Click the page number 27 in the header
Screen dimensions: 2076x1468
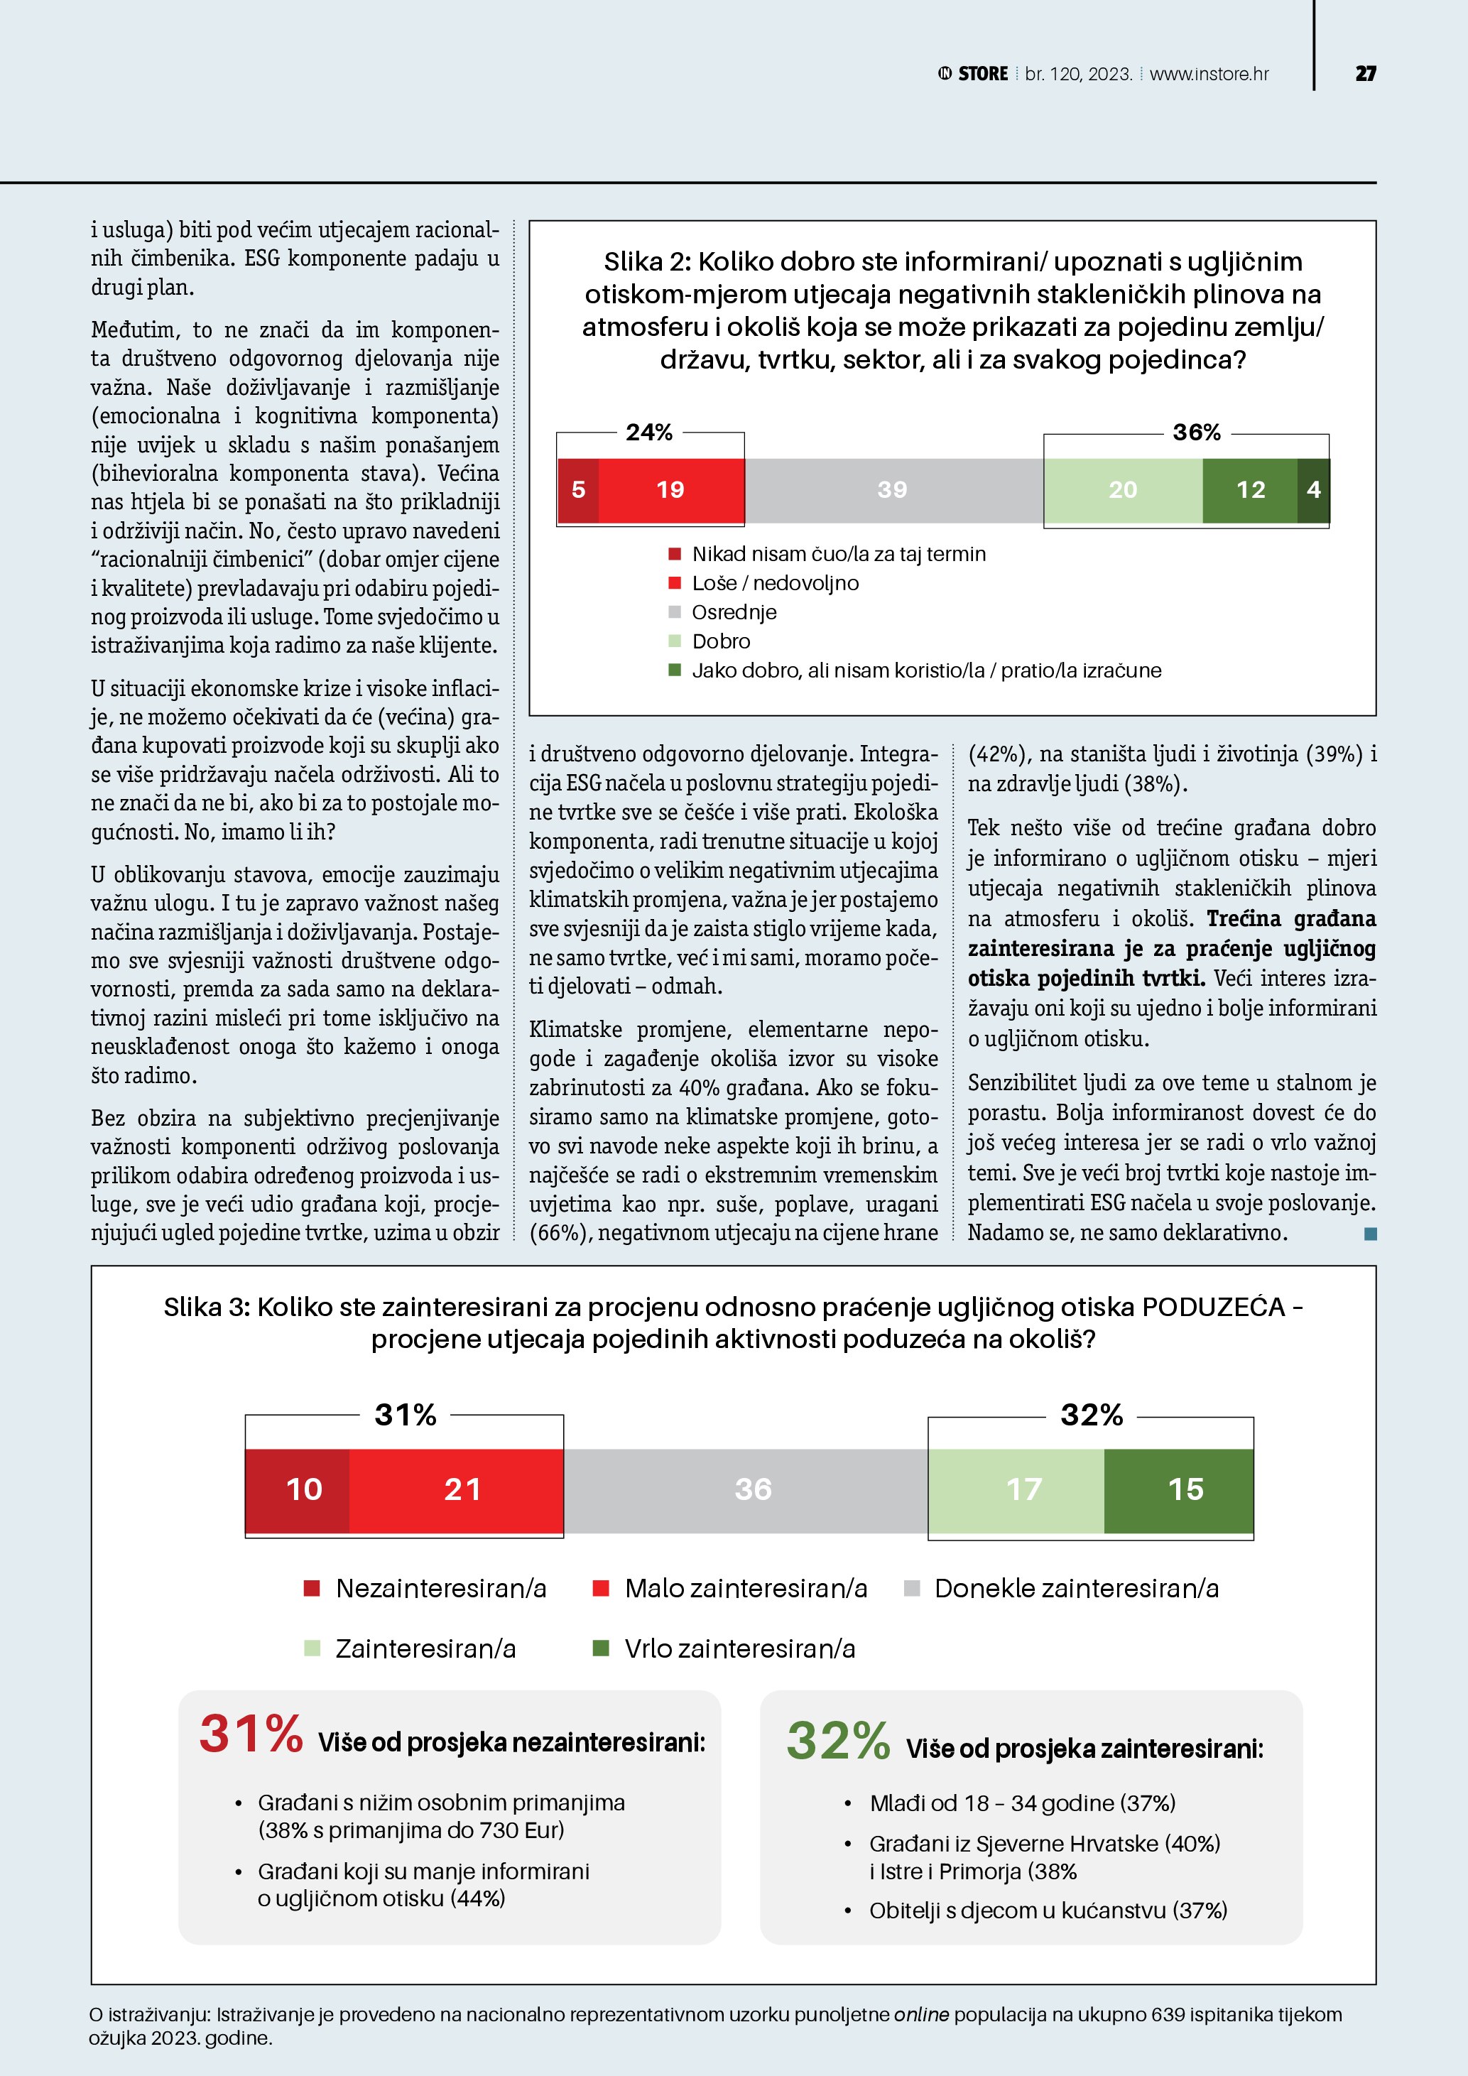click(1365, 74)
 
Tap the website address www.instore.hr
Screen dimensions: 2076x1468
click(1209, 74)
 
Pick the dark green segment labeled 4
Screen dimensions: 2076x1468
click(1313, 490)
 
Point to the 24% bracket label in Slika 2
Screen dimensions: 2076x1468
click(649, 433)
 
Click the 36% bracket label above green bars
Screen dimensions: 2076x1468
click(1196, 433)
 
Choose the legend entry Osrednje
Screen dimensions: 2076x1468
click(733, 612)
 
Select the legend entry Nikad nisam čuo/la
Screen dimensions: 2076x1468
click(838, 554)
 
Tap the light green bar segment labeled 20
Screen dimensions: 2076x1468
click(1123, 490)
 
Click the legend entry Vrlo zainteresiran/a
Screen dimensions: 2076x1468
click(739, 1648)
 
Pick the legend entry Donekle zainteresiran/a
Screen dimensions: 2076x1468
click(1076, 1589)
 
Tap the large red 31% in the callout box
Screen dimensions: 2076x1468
click(251, 1734)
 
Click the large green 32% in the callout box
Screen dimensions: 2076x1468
click(838, 1741)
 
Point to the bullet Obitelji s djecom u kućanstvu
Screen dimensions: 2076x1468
click(1047, 1911)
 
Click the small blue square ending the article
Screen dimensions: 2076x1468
click(1371, 1233)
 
